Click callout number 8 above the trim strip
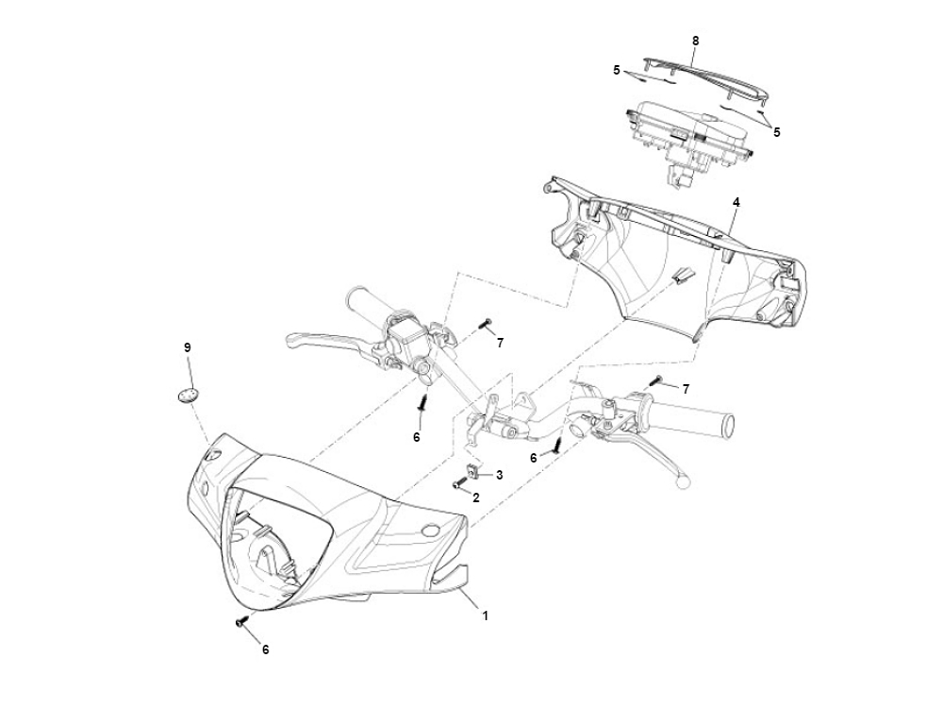[695, 41]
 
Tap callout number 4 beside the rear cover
[736, 203]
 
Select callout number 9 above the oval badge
[187, 348]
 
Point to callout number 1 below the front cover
[485, 615]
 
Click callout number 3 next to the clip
[499, 475]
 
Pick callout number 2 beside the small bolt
[475, 497]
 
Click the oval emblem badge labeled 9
[188, 395]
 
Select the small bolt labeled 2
[459, 482]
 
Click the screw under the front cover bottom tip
[241, 621]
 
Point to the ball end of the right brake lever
[683, 480]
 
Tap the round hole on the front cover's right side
[430, 531]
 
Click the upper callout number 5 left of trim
[617, 71]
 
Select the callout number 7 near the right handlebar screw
[686, 390]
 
